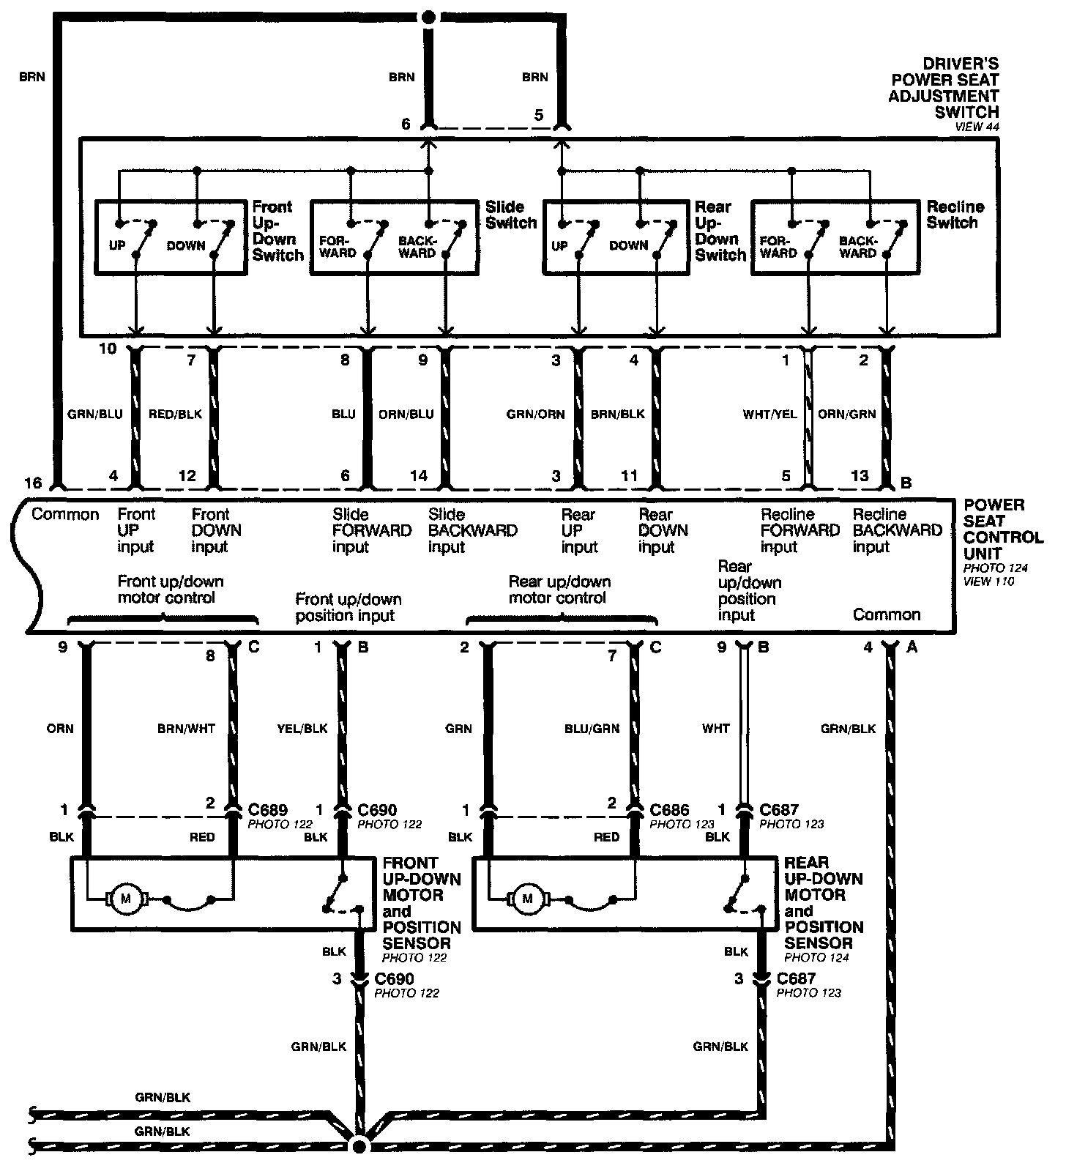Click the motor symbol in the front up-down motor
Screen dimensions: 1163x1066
pos(126,899)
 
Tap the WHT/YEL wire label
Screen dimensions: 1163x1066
pos(769,414)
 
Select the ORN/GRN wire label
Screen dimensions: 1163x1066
pos(846,414)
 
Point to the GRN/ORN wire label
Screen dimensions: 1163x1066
pos(535,414)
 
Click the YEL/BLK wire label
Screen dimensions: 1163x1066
pos(302,729)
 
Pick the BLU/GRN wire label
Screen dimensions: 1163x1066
pos(592,729)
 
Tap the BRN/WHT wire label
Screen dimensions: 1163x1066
pos(186,729)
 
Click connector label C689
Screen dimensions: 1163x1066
pos(268,810)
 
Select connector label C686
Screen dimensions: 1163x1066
pos(669,810)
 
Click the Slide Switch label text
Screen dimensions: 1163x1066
pos(511,215)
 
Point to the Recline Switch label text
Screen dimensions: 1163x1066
pos(955,215)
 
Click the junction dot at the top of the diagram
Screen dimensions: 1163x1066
pos(430,16)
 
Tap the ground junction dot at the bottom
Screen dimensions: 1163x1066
pos(359,1145)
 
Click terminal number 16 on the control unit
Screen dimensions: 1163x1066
pos(33,483)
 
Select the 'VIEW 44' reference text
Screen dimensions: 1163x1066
pos(977,127)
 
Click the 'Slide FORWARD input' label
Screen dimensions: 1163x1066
pos(371,530)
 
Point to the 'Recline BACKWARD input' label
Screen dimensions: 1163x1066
pos(897,530)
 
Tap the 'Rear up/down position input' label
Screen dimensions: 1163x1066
pos(749,590)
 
